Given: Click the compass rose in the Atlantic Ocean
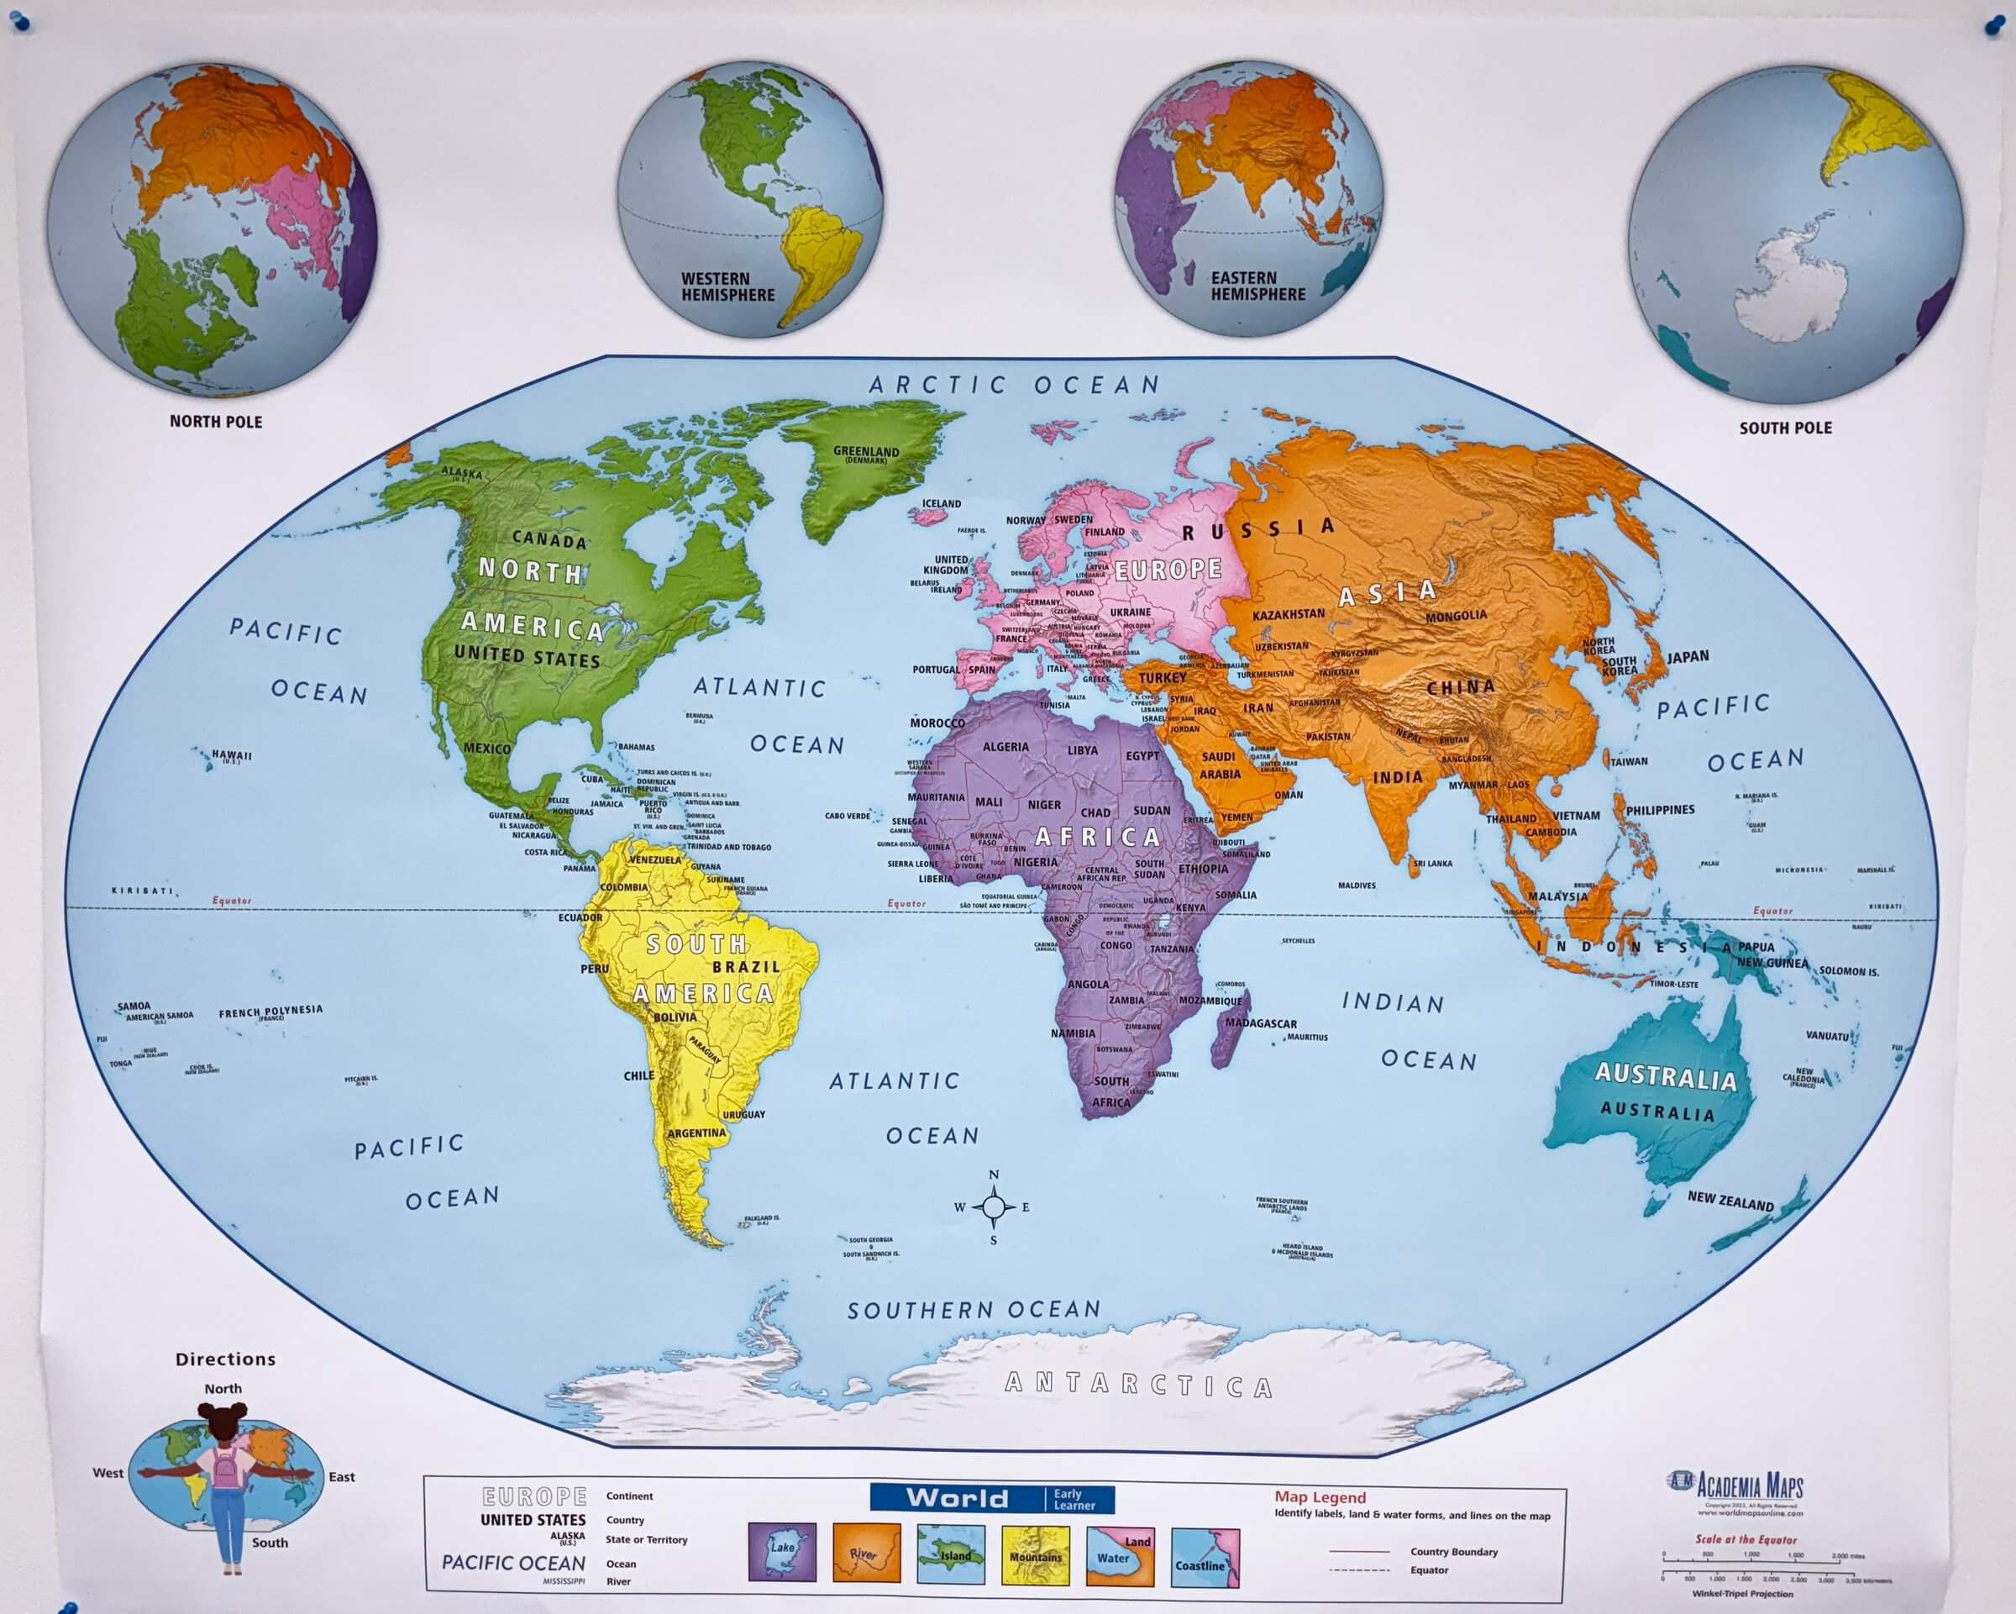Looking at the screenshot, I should pos(993,1207).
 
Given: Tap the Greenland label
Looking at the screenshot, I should pos(866,453).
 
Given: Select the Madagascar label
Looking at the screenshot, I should pos(1261,1024).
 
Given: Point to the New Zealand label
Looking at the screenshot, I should pos(1730,1201).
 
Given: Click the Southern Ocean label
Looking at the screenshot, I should pos(974,1310).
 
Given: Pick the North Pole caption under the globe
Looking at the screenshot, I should pos(216,422).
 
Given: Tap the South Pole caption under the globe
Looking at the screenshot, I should pos(1785,428).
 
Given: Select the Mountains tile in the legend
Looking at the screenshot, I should pos(1035,1554).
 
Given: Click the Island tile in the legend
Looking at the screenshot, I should pos(950,1554).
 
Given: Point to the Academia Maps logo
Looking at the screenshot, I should pos(1737,1485).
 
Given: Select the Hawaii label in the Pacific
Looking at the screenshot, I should pos(231,755).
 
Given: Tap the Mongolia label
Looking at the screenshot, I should pos(1455,616).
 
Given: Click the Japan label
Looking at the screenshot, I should pos(1687,657).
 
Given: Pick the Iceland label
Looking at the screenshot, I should pos(941,504).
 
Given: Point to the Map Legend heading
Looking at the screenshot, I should pos(1320,1497).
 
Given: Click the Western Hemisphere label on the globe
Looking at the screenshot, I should pos(727,287).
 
